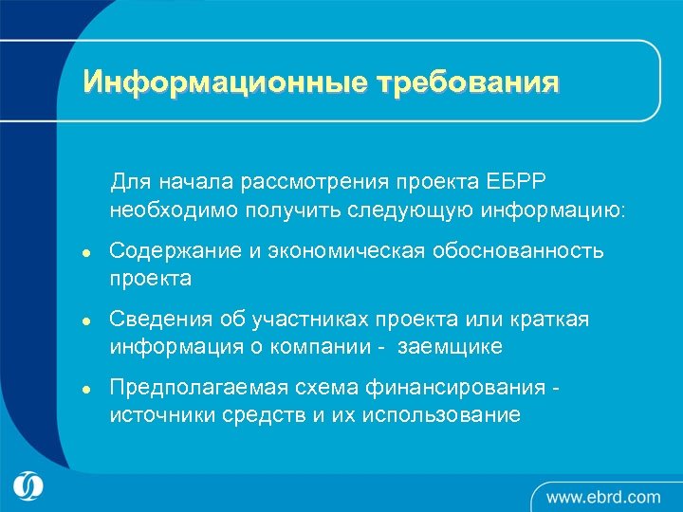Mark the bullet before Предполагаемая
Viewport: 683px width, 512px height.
point(85,390)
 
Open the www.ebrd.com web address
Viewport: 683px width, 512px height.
point(603,496)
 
